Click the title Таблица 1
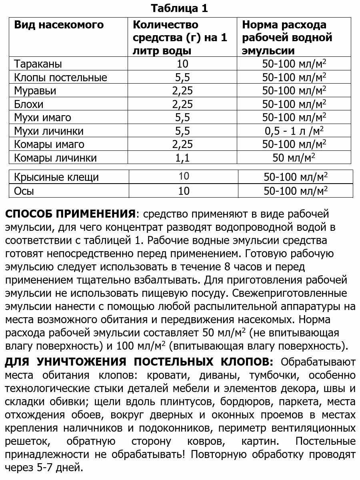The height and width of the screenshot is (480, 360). (x=180, y=8)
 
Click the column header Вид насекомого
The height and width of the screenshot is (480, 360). (x=59, y=25)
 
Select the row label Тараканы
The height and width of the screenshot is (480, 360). (x=38, y=64)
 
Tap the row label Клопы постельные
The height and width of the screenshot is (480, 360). (x=60, y=77)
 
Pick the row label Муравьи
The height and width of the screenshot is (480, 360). (x=35, y=91)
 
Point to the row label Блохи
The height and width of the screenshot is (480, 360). (x=29, y=104)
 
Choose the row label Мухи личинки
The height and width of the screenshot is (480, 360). (x=49, y=131)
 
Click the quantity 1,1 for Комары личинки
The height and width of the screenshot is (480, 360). (x=182, y=158)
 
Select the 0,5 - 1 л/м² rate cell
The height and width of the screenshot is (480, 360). (x=294, y=131)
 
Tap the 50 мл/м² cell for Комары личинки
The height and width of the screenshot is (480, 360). (x=294, y=158)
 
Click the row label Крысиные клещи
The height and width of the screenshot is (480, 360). (x=56, y=177)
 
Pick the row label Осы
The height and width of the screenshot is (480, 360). (x=24, y=191)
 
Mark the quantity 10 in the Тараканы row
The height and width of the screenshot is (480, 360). (x=182, y=64)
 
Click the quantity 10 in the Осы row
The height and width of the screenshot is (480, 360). (x=184, y=191)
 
